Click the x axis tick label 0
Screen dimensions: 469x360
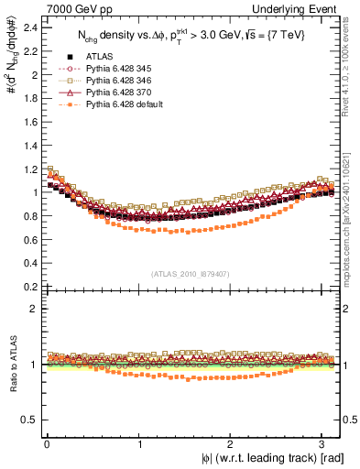[46, 444]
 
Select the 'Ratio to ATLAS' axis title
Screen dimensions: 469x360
[11, 366]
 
